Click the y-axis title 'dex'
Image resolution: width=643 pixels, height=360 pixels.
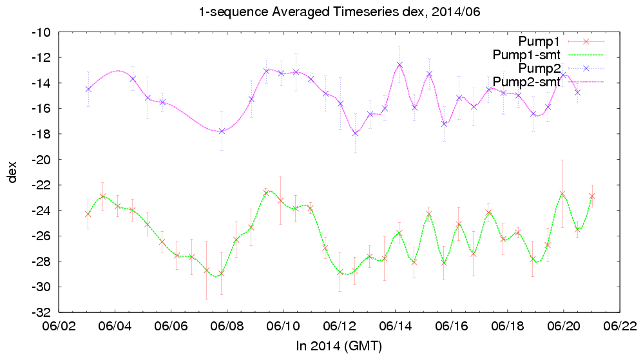(x=13, y=172)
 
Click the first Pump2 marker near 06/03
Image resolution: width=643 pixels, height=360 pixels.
(x=88, y=89)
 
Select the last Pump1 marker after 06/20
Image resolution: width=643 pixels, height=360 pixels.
(x=592, y=196)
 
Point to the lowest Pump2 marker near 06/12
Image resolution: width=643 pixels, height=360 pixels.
(x=355, y=133)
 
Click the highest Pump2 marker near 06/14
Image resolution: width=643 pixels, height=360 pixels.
(x=399, y=64)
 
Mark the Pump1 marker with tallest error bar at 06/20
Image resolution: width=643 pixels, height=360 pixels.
(x=562, y=194)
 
